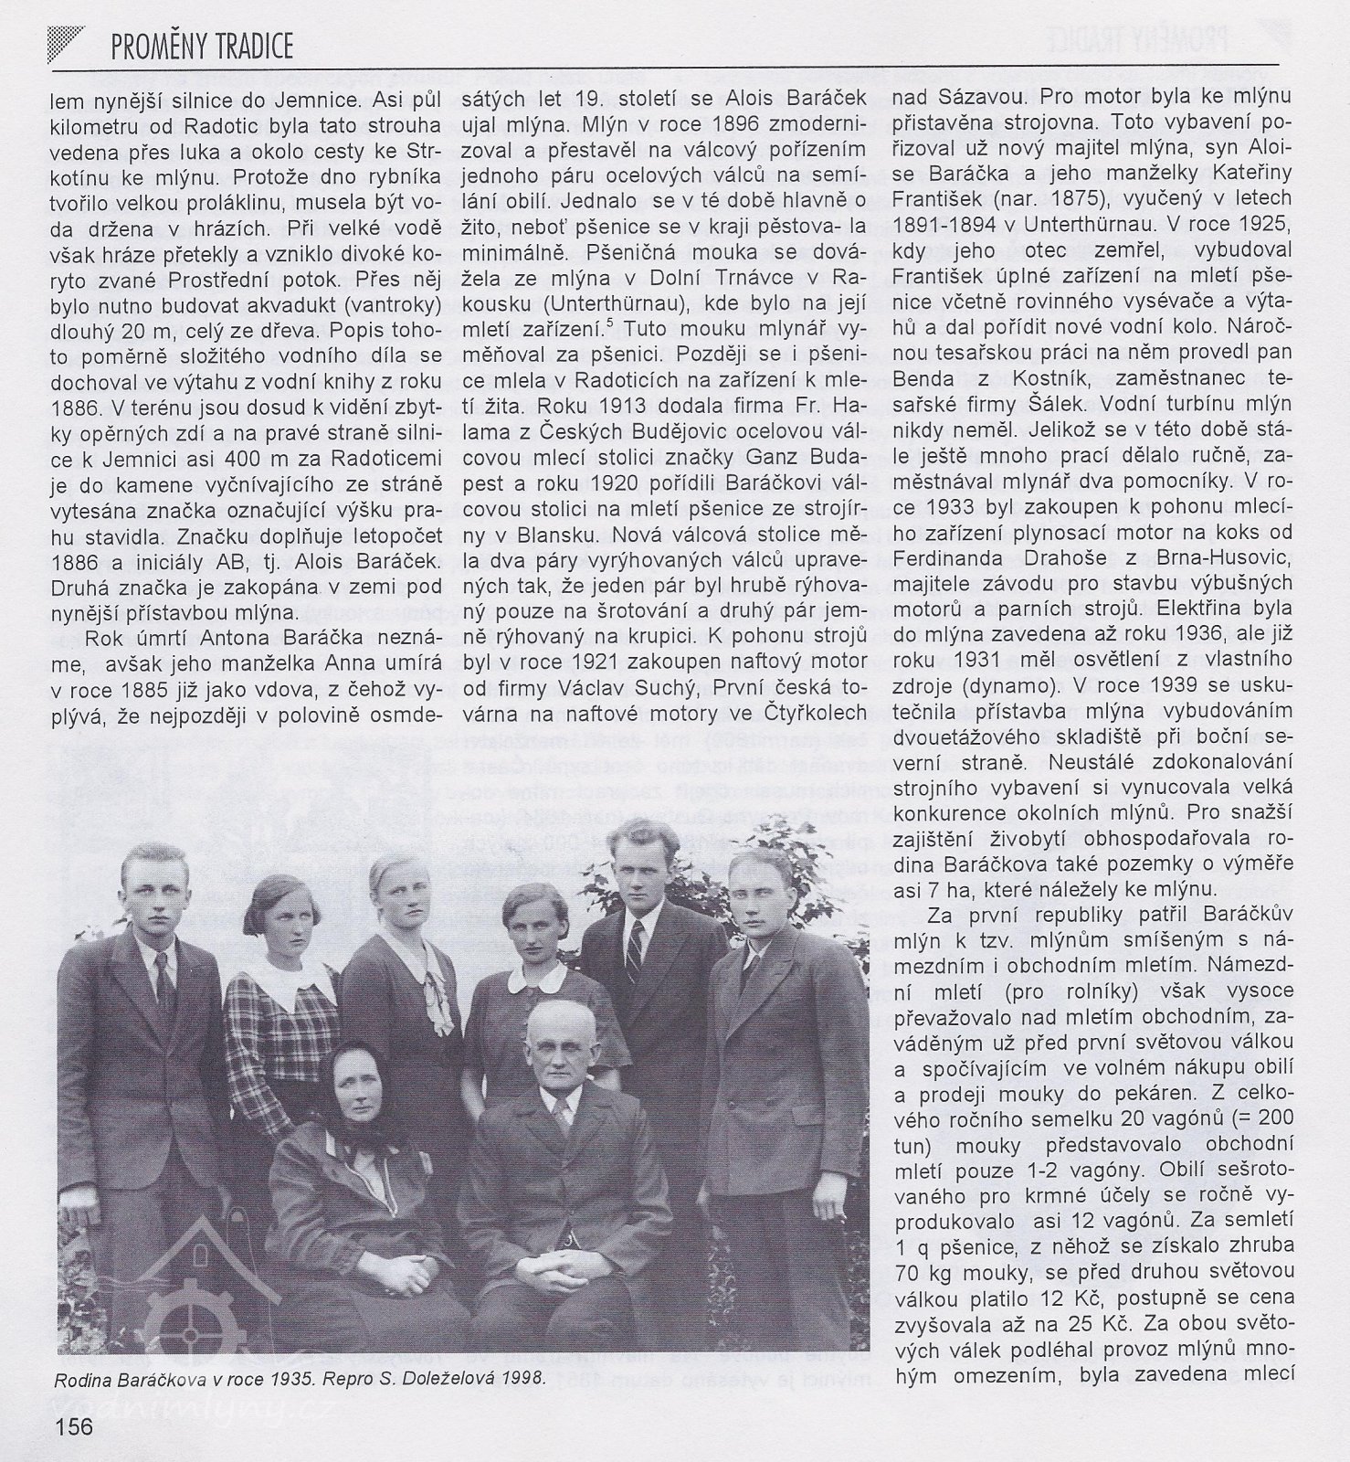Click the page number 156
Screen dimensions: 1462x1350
(74, 1425)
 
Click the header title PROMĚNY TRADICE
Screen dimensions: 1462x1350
(202, 47)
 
